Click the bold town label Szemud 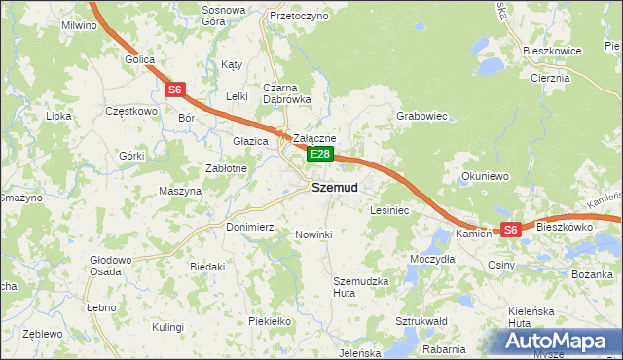pos(334,187)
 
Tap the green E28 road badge pos(321,154)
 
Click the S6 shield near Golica pos(174,90)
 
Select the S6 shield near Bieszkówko pos(510,230)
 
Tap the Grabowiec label pos(421,116)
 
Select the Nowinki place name pos(313,234)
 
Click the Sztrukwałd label pos(421,320)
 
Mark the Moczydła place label pos(432,260)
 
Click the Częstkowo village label pos(130,111)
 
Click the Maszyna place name pos(179,191)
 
